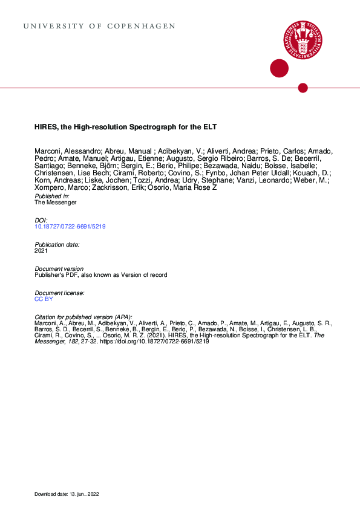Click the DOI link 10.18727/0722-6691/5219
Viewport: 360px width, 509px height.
(71, 227)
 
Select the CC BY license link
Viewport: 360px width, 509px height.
(44, 299)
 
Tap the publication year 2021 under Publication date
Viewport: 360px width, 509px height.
(41, 250)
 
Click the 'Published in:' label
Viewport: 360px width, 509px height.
(52, 196)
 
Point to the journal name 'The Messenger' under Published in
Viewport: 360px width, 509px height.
(56, 203)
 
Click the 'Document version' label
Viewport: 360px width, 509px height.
(59, 268)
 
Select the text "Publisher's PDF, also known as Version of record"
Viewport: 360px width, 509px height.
(100, 274)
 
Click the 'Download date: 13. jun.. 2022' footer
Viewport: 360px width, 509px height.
(67, 494)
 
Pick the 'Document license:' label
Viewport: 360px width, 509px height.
(60, 293)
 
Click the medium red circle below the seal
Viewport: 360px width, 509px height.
(279, 68)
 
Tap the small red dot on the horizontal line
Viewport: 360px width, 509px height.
(303, 88)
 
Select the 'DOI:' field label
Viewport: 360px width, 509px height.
(41, 221)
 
